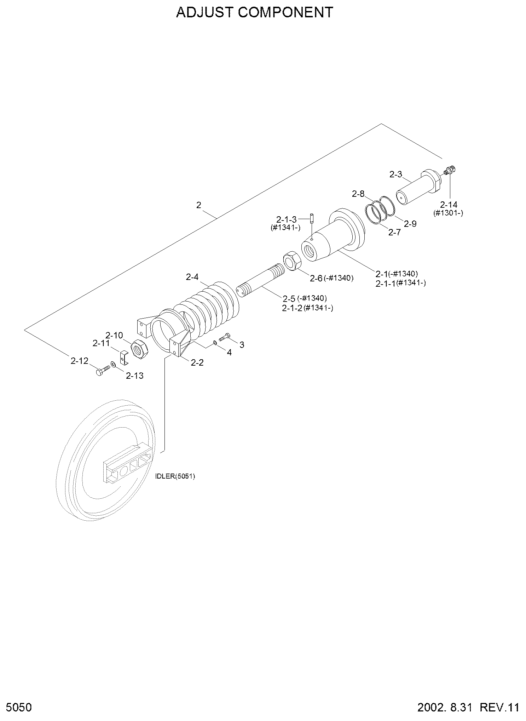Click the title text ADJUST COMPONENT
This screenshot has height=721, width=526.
tap(255, 12)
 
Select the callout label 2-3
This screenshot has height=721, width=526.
tap(396, 174)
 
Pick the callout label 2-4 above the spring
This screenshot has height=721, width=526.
tap(192, 277)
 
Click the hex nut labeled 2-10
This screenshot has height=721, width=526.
tap(140, 348)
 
